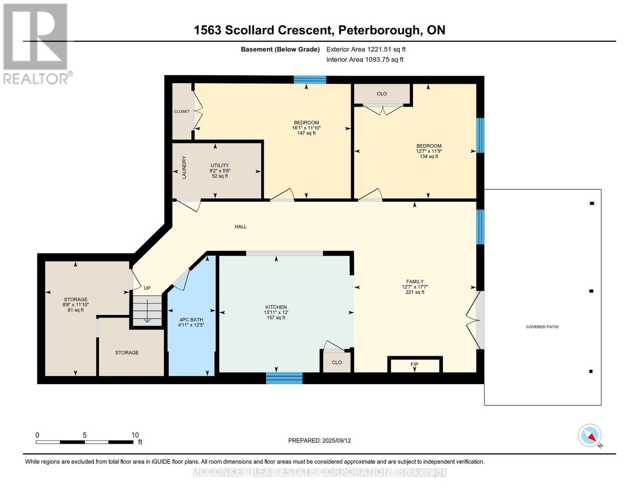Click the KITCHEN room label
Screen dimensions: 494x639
click(x=276, y=307)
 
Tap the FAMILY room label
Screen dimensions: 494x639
click(x=414, y=282)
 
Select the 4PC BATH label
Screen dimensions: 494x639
click(x=191, y=319)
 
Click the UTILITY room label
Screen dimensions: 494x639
click(x=220, y=165)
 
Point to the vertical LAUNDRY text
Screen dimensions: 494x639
click(x=184, y=167)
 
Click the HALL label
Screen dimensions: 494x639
click(x=241, y=226)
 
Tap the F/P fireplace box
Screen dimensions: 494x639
click(x=414, y=365)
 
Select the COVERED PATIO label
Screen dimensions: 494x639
click(x=542, y=327)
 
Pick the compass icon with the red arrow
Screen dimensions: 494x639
click(x=590, y=436)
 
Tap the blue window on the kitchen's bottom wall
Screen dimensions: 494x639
click(x=284, y=378)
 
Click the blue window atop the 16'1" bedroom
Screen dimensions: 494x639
click(x=310, y=79)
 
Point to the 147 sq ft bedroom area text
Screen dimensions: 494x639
click(x=306, y=133)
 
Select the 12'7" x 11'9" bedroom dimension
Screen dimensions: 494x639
click(x=429, y=151)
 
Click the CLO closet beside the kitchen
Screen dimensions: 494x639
click(x=337, y=362)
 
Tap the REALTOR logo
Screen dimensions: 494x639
click(x=36, y=43)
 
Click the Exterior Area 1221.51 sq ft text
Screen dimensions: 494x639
click(x=366, y=49)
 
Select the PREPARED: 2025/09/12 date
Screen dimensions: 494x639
click(x=319, y=440)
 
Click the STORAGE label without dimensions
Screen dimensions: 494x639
click(x=127, y=353)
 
